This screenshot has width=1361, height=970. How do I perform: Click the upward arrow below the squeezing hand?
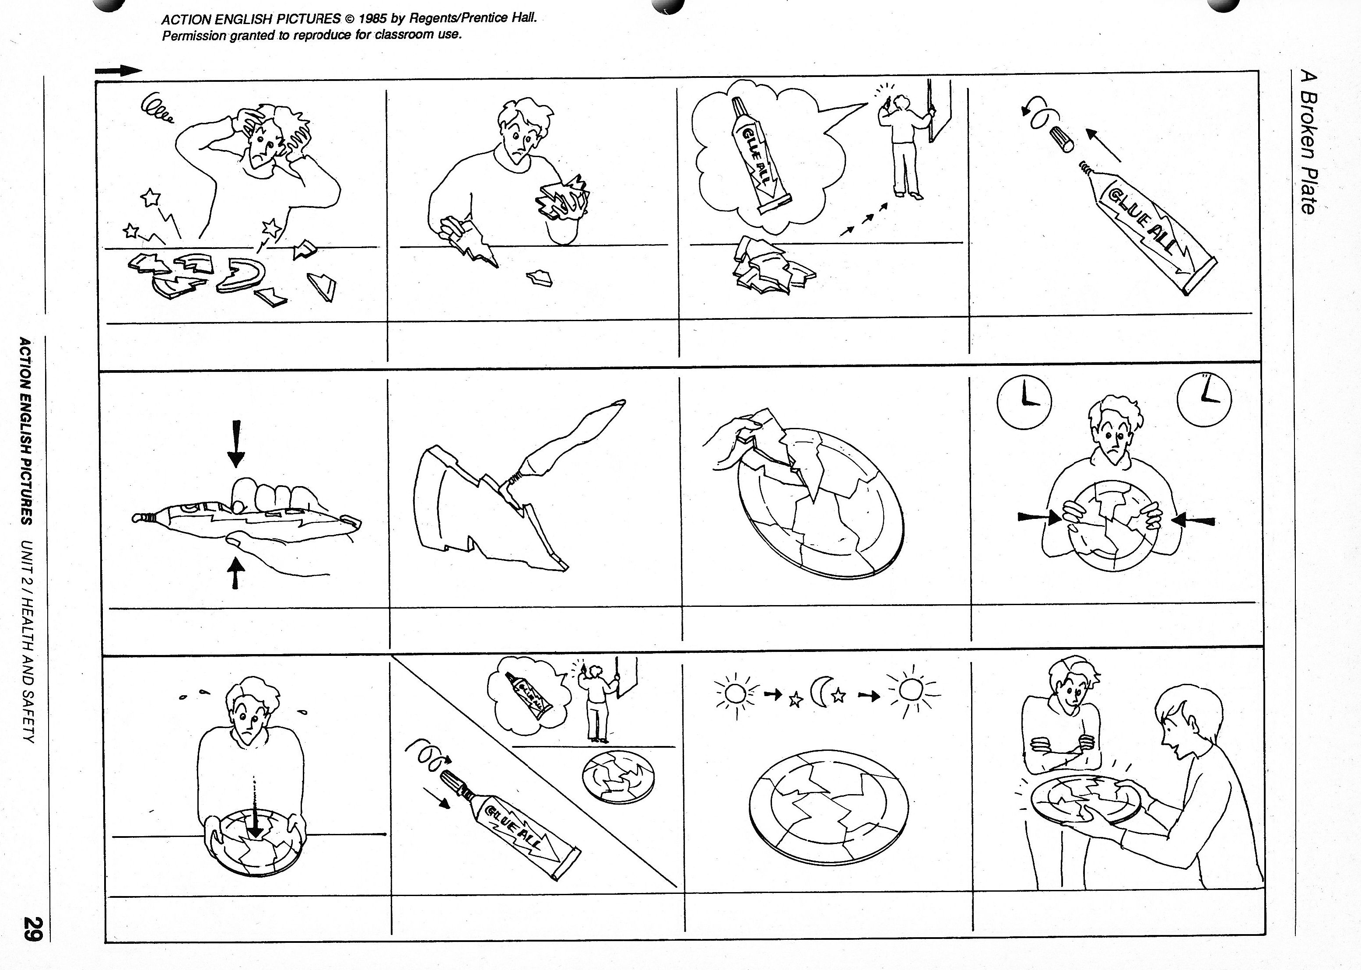point(237,572)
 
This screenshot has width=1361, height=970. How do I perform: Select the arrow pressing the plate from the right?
point(1193,520)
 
